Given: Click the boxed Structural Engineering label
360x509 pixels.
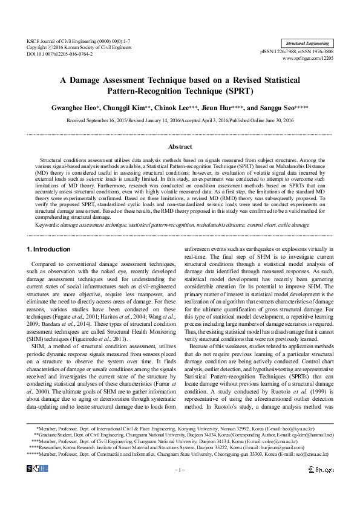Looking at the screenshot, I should [307, 44].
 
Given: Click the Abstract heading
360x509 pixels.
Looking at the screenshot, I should [180, 147].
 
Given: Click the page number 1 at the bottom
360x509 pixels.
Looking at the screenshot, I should [180, 470].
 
